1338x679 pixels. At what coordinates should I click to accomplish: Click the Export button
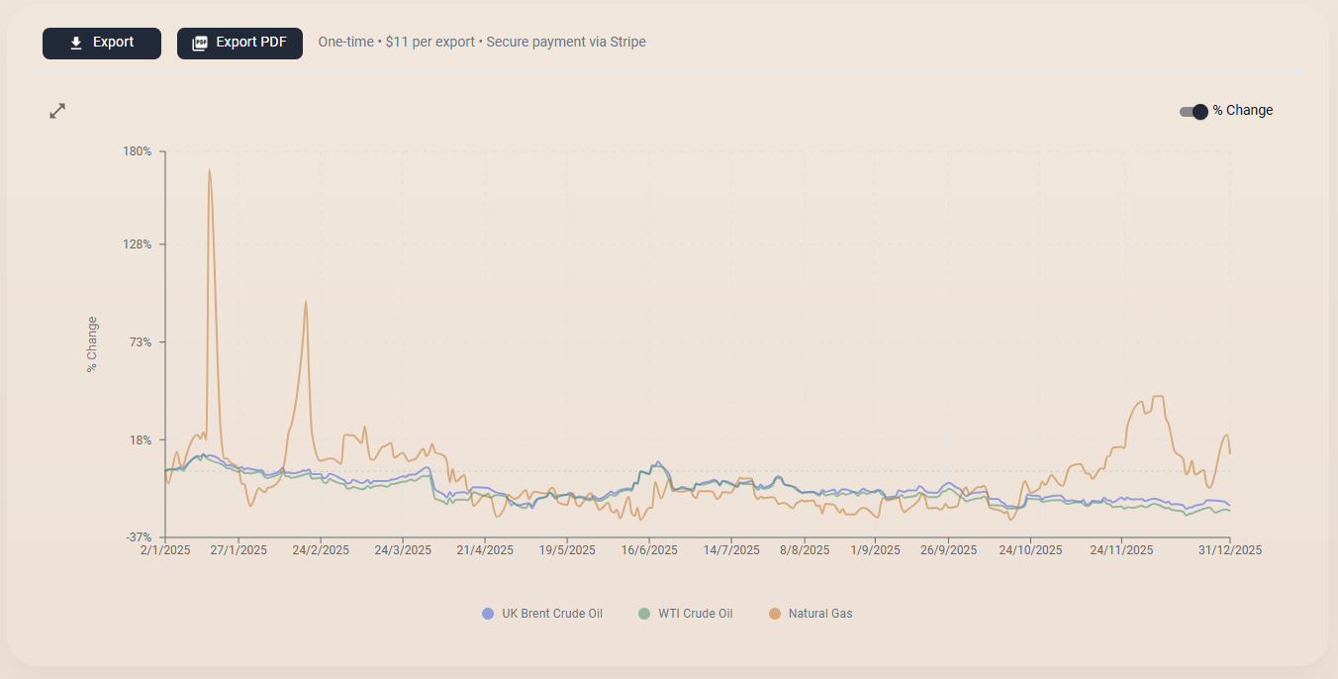[101, 44]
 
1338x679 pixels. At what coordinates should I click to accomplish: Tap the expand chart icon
[57, 111]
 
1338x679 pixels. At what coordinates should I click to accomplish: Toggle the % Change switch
[1194, 111]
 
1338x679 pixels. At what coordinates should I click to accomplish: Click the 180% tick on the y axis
[138, 151]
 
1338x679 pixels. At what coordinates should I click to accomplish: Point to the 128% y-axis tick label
[138, 244]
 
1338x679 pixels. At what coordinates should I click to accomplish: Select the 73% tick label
[141, 342]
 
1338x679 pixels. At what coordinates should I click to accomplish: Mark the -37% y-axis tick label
[138, 537]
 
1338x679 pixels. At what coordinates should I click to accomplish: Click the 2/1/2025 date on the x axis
[165, 550]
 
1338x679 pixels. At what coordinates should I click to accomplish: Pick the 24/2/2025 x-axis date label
[321, 550]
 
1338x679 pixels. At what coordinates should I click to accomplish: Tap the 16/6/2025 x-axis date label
[649, 550]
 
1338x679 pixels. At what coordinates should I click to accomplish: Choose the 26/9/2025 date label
[948, 550]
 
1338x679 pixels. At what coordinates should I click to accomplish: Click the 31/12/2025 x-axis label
[1230, 550]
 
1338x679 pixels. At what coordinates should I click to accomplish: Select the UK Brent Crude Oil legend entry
[542, 614]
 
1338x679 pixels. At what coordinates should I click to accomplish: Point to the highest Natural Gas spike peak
[209, 169]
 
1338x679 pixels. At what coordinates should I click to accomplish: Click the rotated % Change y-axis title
[92, 343]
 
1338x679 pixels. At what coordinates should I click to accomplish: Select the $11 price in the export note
[396, 43]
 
